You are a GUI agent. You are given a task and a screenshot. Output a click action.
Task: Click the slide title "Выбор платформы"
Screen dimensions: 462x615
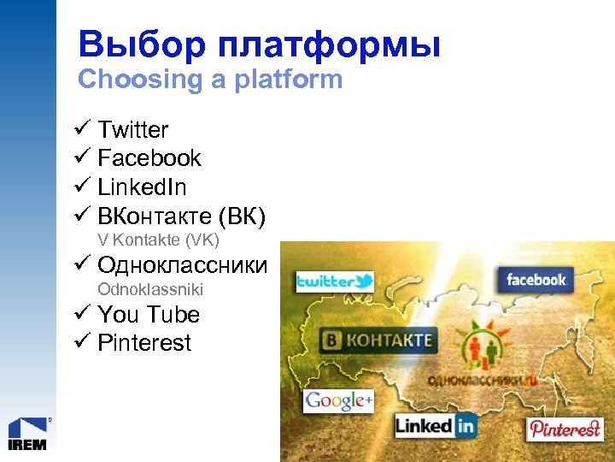tap(259, 44)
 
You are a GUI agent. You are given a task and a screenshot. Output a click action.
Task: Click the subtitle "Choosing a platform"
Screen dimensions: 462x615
tap(209, 80)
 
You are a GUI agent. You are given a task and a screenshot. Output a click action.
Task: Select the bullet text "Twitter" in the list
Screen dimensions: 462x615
tap(132, 130)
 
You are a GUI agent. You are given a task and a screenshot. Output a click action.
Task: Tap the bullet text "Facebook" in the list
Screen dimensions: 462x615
tap(149, 158)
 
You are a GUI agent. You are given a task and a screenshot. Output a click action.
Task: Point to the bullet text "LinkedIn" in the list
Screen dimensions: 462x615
tap(142, 187)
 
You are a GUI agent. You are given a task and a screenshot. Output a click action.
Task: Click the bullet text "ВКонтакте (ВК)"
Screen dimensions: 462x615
tap(182, 215)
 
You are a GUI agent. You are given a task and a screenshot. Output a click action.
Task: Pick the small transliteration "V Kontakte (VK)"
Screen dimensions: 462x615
tap(158, 240)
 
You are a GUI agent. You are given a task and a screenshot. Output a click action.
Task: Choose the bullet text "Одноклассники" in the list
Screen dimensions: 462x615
tap(182, 265)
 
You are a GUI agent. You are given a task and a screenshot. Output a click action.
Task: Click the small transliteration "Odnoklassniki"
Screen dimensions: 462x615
tap(150, 290)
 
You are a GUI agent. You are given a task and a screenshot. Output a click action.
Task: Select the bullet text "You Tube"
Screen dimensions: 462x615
tap(149, 315)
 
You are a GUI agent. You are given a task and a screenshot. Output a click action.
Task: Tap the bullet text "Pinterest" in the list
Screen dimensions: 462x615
tap(144, 343)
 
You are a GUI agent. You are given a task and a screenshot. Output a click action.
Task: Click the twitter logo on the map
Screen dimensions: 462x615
tap(335, 281)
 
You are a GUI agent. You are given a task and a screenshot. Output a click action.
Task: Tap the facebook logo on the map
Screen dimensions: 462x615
tap(536, 280)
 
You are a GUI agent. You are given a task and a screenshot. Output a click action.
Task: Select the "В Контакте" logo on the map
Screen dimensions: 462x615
tap(377, 341)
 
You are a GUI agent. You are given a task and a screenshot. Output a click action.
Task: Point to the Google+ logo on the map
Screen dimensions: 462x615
tap(339, 400)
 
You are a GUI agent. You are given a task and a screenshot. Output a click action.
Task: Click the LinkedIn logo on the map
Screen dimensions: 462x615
tap(435, 424)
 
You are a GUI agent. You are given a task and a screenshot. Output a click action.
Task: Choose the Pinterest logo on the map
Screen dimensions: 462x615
tap(565, 429)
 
